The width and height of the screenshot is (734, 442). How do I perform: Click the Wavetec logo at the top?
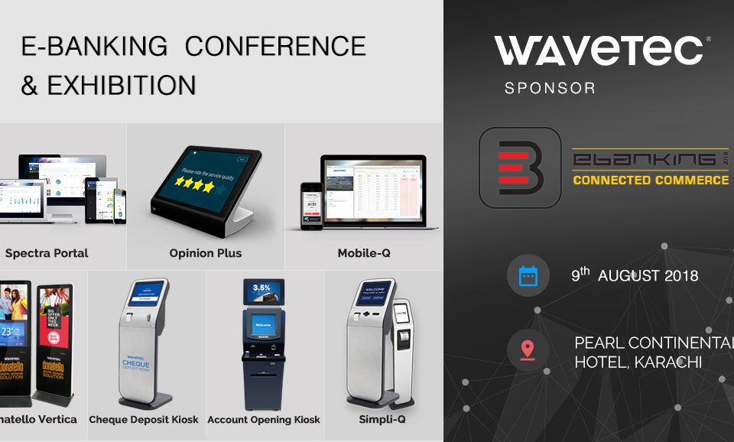pyautogui.click(x=599, y=50)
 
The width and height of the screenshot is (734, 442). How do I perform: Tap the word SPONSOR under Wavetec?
pyautogui.click(x=550, y=88)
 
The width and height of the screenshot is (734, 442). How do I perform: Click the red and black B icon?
pyautogui.click(x=519, y=167)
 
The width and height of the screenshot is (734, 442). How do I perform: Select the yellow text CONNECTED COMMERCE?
pyautogui.click(x=651, y=180)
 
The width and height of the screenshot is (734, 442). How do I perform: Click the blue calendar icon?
pyautogui.click(x=528, y=275)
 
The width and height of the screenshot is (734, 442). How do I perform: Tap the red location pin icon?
pyautogui.click(x=528, y=350)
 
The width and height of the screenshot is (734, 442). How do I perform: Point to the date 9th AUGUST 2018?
pyautogui.click(x=635, y=275)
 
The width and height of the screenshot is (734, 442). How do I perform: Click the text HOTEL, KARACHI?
pyautogui.click(x=638, y=362)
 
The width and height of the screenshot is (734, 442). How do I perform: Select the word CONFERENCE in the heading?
pyautogui.click(x=275, y=47)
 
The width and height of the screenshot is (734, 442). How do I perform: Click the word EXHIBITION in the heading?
pyautogui.click(x=121, y=84)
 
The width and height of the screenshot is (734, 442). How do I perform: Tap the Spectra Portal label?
pyautogui.click(x=47, y=253)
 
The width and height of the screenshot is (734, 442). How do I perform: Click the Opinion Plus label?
pyautogui.click(x=205, y=253)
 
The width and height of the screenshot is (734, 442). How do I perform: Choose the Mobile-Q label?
pyautogui.click(x=364, y=253)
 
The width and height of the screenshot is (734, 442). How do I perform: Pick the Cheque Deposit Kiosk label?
pyautogui.click(x=144, y=420)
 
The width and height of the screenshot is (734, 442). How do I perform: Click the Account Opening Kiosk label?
pyautogui.click(x=264, y=420)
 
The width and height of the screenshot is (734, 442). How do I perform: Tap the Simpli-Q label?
pyautogui.click(x=382, y=420)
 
